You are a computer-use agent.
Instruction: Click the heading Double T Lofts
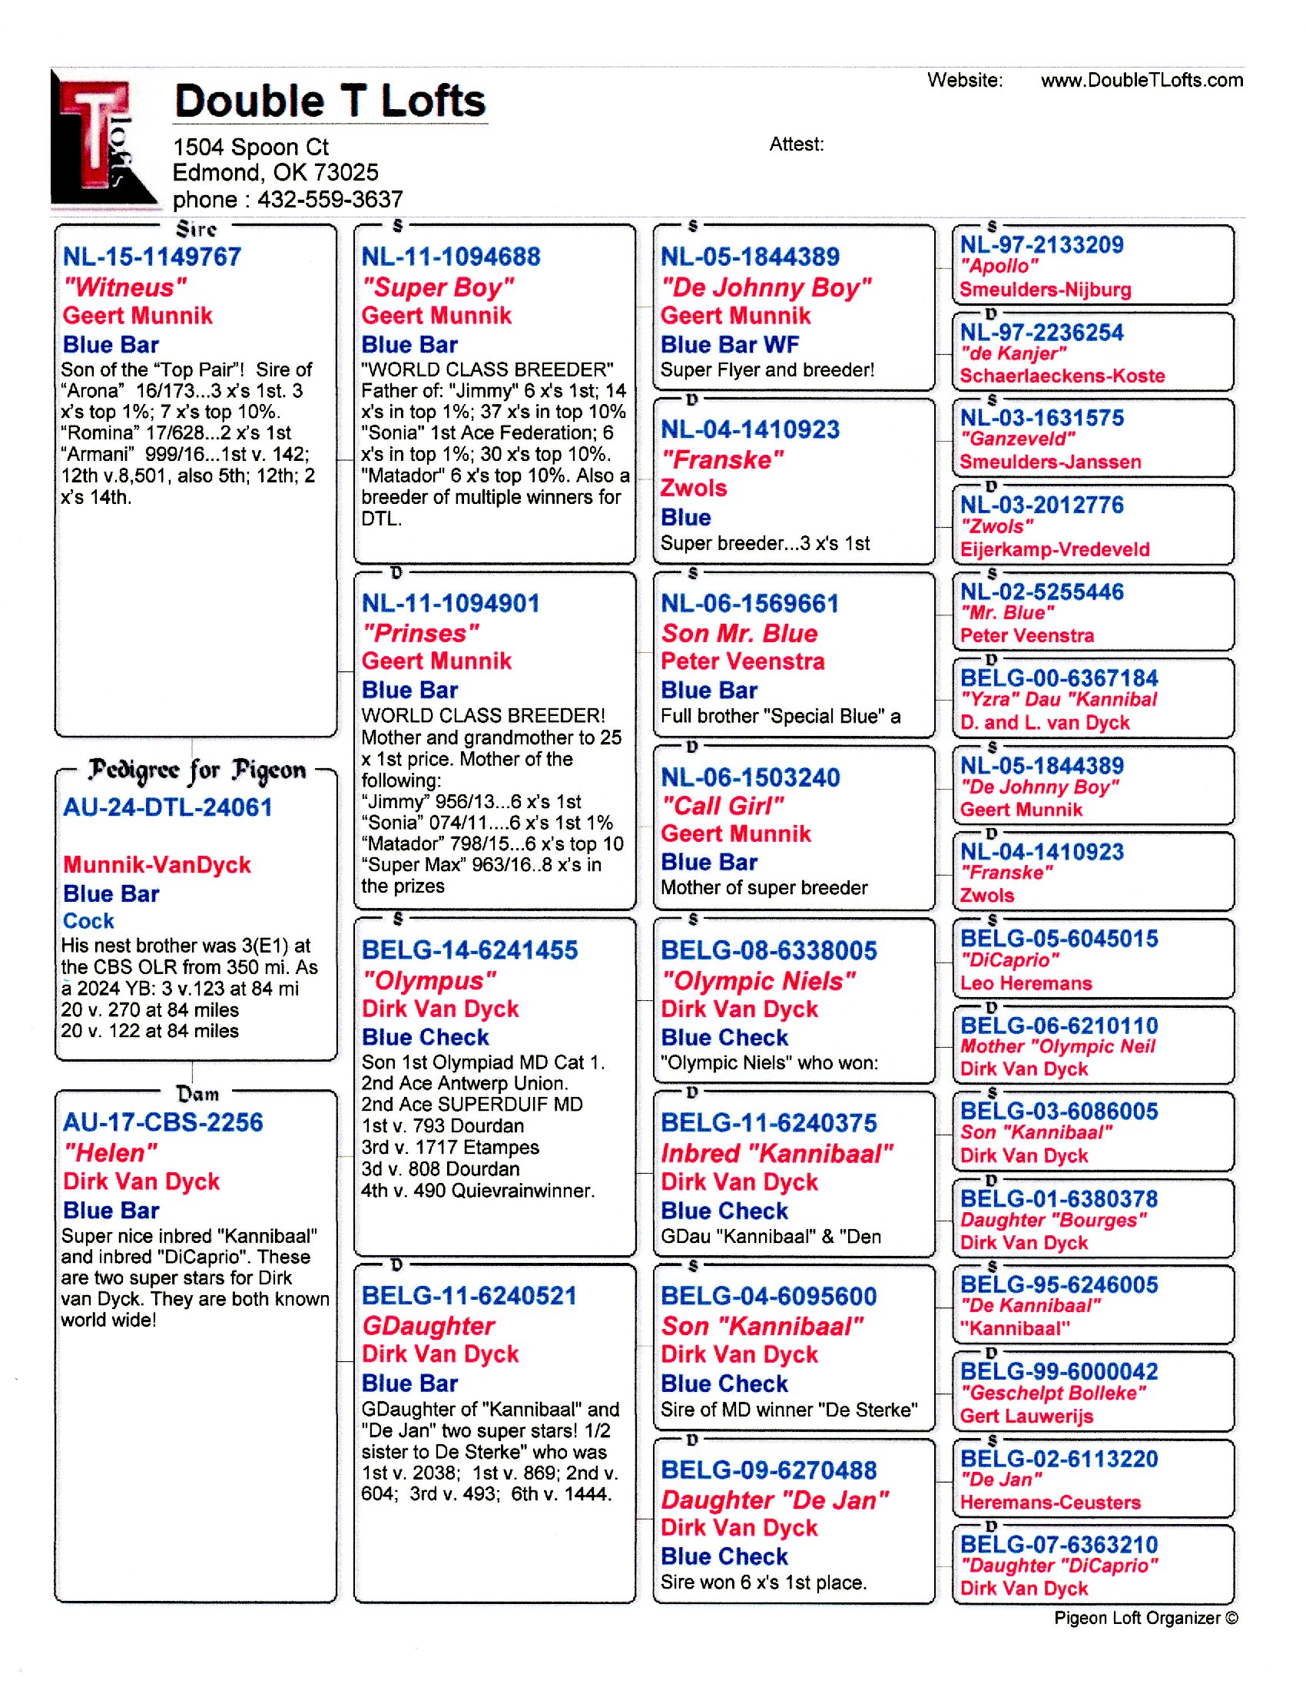click(x=330, y=101)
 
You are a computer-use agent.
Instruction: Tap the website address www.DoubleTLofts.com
click(x=1141, y=81)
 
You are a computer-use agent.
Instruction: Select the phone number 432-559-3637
click(x=330, y=200)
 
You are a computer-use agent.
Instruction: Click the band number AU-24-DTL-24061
click(x=168, y=808)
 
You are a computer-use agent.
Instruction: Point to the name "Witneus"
click(x=124, y=287)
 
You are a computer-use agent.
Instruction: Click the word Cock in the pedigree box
click(x=88, y=921)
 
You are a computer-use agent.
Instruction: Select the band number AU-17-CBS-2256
click(x=163, y=1123)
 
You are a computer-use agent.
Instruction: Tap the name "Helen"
click(x=111, y=1153)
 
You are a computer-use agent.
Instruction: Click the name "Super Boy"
click(x=437, y=287)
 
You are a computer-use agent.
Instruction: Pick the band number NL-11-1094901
click(x=450, y=604)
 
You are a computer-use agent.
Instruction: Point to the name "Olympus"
click(x=429, y=980)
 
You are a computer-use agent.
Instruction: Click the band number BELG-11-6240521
click(x=469, y=1296)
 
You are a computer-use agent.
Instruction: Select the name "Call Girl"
click(x=723, y=807)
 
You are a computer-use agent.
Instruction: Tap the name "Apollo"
click(x=999, y=267)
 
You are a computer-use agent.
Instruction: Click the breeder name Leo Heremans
click(x=1025, y=983)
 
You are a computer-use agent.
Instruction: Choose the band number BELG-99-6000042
click(x=1059, y=1372)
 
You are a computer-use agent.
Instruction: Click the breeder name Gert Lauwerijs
click(x=1026, y=1416)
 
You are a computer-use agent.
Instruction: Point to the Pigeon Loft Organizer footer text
click(x=1145, y=1618)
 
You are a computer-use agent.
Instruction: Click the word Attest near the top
click(x=796, y=144)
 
